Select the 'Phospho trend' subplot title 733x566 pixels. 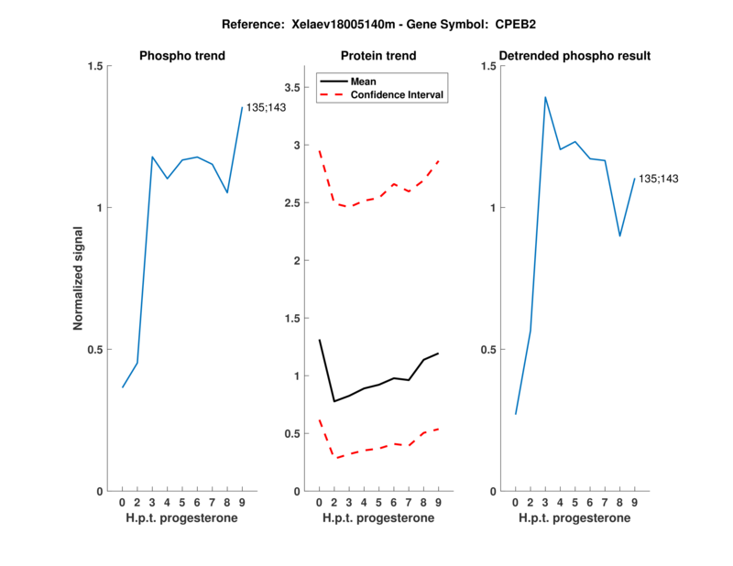tap(181, 56)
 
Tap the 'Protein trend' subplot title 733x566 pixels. tap(378, 56)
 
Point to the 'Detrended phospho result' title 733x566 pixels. tap(574, 56)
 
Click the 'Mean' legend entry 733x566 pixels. tap(363, 82)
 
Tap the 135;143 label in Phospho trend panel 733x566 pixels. tap(267, 108)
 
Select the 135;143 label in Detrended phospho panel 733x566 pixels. tap(659, 179)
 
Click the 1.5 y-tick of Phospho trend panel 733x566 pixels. tap(93, 66)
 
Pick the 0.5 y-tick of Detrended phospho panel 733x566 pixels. tap(487, 350)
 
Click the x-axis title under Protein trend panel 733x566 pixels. tap(378, 518)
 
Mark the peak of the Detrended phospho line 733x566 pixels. tap(545, 97)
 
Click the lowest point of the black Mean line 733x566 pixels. tap(334, 401)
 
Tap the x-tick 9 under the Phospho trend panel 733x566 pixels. tap(242, 502)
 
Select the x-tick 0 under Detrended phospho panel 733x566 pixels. tap(516, 502)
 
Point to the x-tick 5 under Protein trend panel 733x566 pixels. tap(378, 502)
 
